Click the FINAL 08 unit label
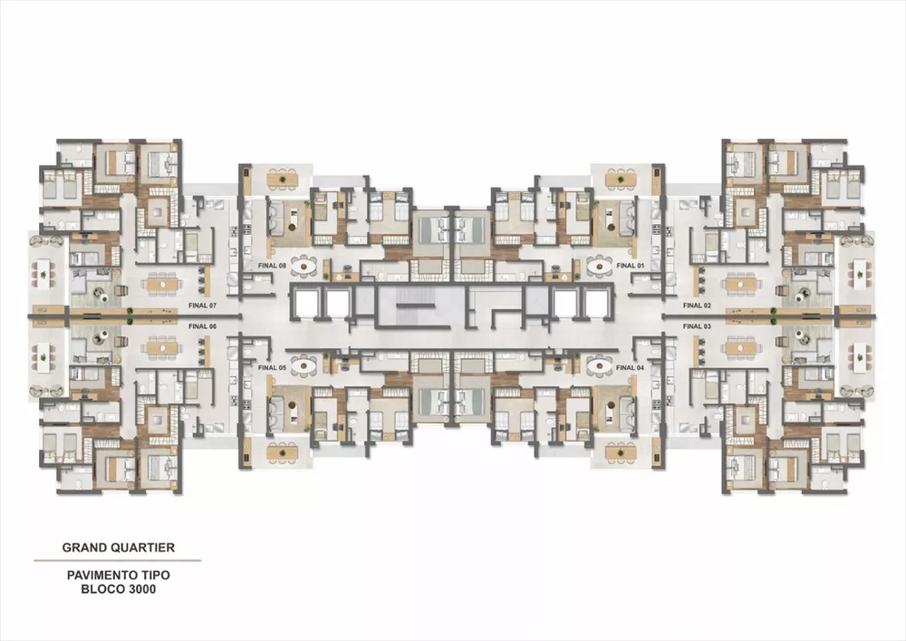273,266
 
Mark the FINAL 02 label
698,306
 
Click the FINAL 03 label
698,325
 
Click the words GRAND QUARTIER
119,548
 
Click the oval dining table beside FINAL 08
306,266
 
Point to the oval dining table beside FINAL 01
598,266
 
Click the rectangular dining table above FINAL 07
161,284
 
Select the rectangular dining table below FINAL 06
161,347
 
